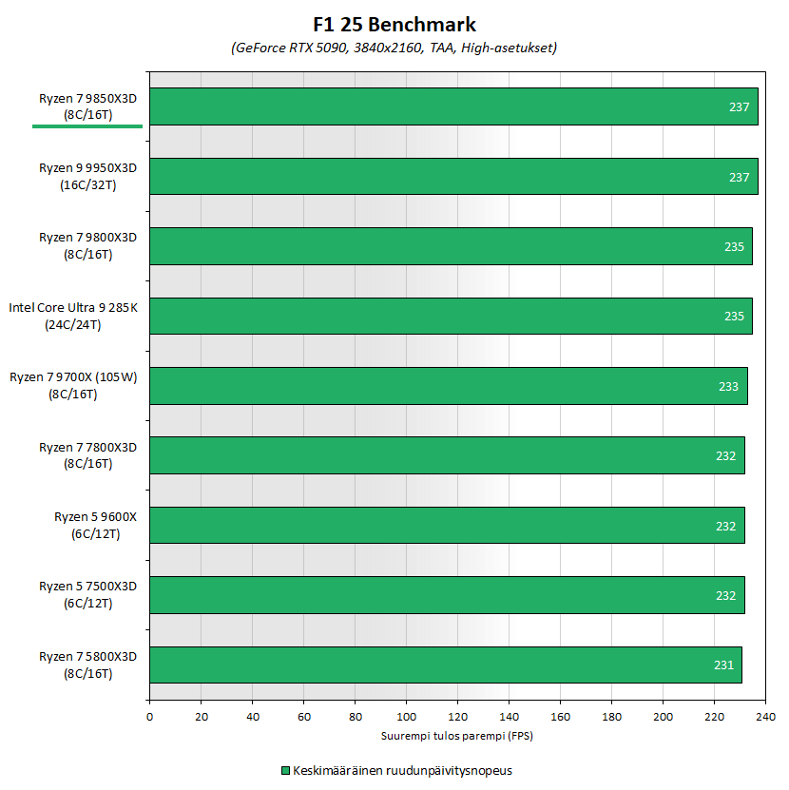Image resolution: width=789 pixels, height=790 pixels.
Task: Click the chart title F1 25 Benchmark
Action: point(394,26)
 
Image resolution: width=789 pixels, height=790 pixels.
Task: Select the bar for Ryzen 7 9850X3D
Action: point(453,106)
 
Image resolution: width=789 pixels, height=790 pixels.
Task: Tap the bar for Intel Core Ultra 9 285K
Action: point(451,316)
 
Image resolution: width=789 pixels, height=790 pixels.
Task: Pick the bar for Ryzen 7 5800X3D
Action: point(445,665)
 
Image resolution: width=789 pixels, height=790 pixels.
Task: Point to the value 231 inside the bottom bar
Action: point(724,665)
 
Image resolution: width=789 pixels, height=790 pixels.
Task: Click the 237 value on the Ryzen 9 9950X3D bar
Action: point(740,177)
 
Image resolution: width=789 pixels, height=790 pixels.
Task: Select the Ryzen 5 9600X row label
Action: point(95,525)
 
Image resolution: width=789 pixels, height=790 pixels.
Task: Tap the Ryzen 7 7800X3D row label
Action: point(87,455)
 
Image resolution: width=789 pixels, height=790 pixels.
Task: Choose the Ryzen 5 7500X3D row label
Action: point(87,594)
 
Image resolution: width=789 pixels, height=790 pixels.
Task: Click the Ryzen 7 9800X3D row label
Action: point(87,246)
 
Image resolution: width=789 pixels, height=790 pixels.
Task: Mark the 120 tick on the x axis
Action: point(457,717)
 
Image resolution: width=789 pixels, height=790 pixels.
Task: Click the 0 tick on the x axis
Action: point(149,717)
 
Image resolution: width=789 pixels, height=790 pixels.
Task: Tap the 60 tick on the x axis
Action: point(303,717)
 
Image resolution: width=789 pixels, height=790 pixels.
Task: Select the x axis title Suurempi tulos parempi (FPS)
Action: point(457,736)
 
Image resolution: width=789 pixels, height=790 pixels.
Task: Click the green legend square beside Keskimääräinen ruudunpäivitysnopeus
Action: point(284,770)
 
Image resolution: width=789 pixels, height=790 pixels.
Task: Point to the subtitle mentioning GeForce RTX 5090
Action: point(394,48)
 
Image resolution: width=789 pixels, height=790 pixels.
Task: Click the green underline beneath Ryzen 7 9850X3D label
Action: point(87,125)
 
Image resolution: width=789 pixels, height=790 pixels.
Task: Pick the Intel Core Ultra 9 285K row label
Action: point(74,316)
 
